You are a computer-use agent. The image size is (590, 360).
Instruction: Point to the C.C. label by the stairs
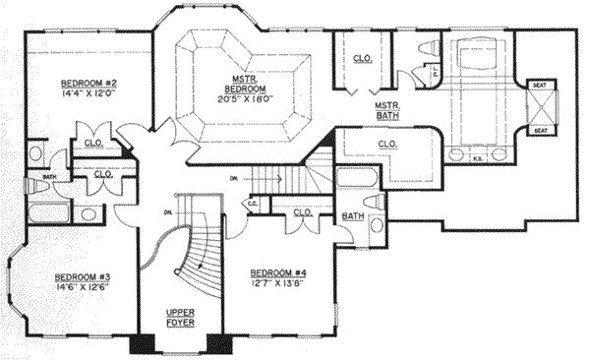(253, 205)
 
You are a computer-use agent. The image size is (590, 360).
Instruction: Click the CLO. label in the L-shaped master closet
(386, 146)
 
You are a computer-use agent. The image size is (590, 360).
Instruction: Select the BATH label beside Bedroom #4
(351, 215)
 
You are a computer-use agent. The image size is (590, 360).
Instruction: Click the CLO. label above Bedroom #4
(302, 211)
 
